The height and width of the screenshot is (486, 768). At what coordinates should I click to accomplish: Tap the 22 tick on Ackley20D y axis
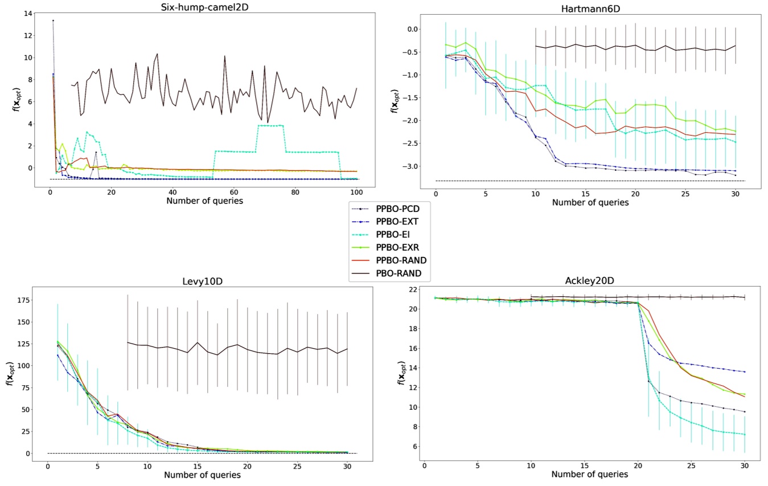click(413, 289)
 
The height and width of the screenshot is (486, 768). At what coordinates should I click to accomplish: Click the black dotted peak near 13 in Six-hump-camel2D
click(53, 21)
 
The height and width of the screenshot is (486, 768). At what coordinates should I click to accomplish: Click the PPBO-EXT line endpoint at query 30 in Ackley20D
click(744, 372)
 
